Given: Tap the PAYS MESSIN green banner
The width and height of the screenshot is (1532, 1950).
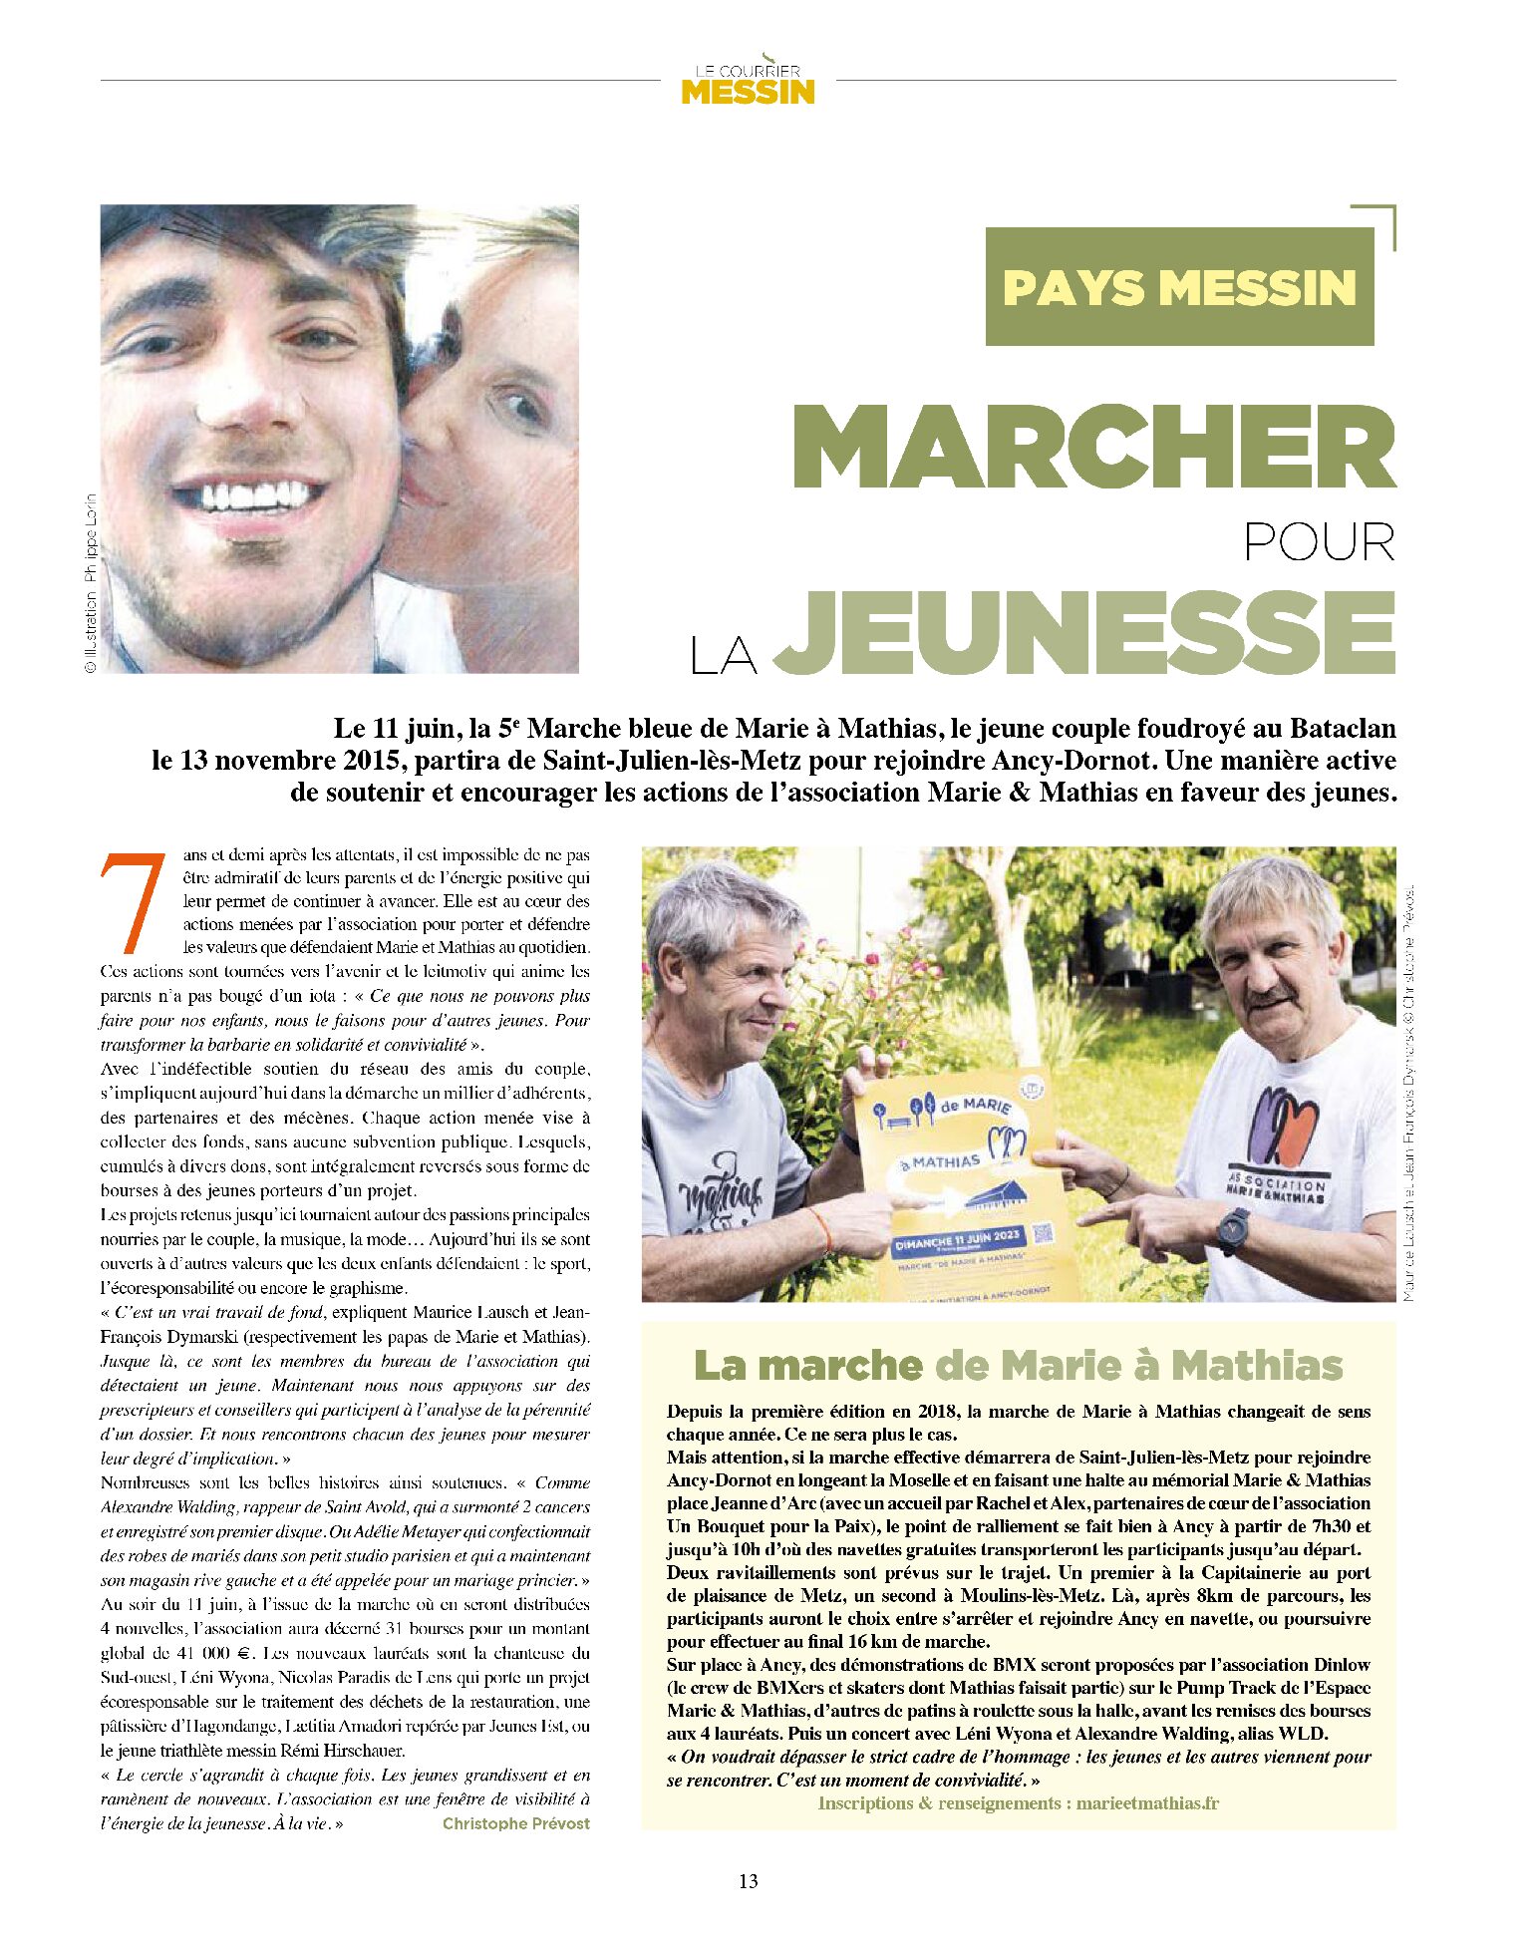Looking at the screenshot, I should tap(1179, 287).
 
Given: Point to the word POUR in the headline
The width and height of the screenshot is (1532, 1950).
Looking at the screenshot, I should tap(1319, 542).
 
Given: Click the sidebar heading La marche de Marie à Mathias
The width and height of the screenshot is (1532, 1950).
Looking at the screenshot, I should tap(1018, 1365).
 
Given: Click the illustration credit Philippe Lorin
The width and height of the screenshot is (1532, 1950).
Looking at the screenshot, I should tap(90, 582).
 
